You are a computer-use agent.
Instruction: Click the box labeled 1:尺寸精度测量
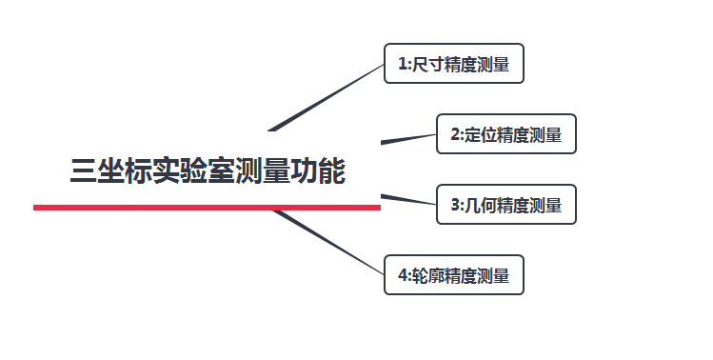(x=453, y=64)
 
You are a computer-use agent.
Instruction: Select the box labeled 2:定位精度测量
(x=506, y=134)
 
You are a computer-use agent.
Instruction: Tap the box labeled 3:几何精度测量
(x=506, y=205)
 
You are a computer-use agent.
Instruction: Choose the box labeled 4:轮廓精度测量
(x=453, y=276)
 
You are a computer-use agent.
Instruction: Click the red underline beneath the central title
(x=207, y=207)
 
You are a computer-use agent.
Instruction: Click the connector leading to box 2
(x=409, y=139)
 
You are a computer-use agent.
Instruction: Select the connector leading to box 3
(x=409, y=199)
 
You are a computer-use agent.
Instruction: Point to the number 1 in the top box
(x=402, y=65)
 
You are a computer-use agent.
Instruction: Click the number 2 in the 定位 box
(x=454, y=135)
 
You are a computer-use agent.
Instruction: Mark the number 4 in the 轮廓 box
(x=402, y=277)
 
